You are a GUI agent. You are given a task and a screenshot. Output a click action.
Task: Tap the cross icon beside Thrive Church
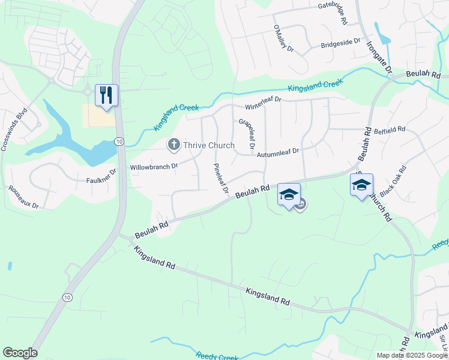(174, 145)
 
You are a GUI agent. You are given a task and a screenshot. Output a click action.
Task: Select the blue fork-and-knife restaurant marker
(106, 95)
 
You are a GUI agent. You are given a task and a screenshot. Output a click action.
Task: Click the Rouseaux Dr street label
(24, 196)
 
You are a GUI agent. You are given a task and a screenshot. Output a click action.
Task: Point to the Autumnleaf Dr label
(277, 154)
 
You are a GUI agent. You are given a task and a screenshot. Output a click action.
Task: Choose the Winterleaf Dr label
(261, 100)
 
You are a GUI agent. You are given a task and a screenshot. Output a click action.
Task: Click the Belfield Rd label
(390, 129)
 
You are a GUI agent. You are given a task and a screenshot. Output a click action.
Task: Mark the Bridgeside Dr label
(340, 44)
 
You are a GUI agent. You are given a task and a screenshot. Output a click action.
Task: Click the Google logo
(20, 353)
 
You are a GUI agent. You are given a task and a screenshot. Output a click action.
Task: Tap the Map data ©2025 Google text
(412, 355)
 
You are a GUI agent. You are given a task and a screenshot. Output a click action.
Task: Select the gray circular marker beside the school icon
(301, 205)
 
